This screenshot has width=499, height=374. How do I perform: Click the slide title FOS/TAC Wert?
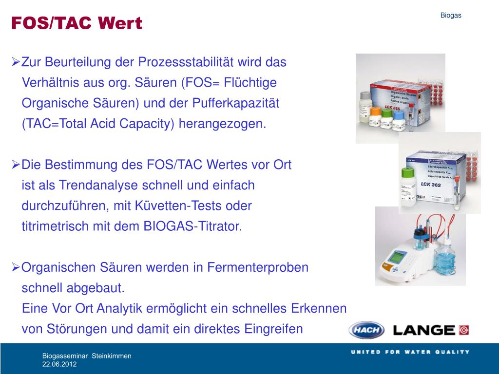coord(77,23)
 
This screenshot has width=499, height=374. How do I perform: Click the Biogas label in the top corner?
coord(451,15)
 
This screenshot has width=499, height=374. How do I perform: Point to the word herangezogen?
coord(223,124)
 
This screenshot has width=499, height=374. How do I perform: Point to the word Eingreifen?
coord(269,329)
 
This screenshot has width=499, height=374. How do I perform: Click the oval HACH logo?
coord(366,330)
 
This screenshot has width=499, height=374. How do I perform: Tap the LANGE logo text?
coord(424,330)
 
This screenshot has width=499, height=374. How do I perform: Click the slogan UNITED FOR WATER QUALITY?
coord(410,352)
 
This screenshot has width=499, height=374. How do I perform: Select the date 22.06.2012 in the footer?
coord(59,364)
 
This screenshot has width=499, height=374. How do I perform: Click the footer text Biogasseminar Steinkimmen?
coord(87,356)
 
